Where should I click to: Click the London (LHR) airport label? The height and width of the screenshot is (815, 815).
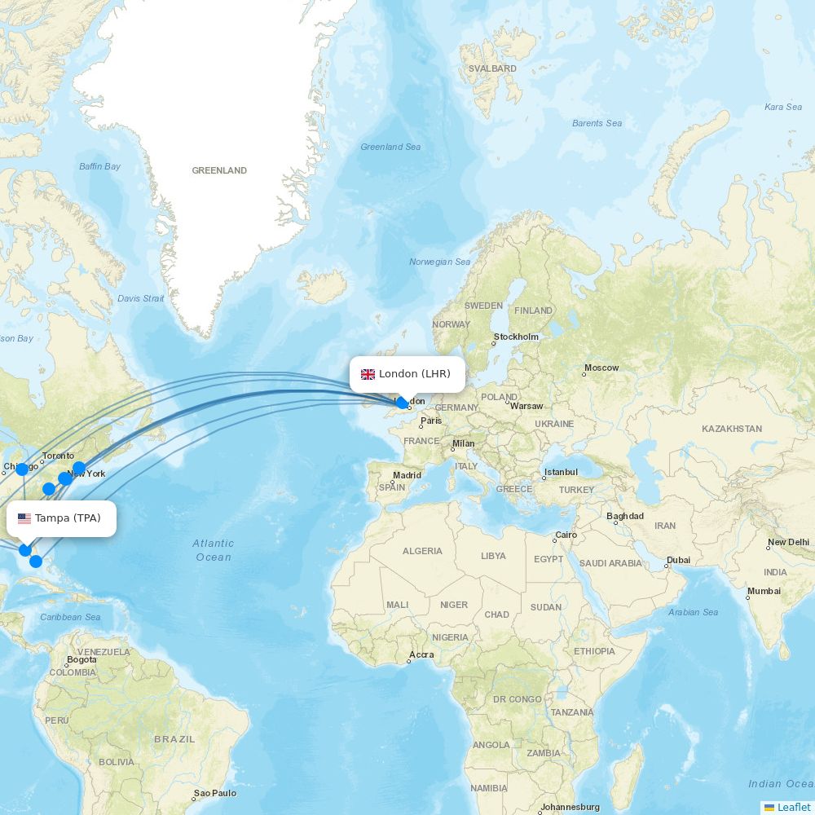coord(414,374)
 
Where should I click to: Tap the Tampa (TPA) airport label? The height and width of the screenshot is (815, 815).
coord(68,518)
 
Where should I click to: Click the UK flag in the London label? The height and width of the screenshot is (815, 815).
coord(368,374)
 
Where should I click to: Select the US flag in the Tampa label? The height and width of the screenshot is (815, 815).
coord(24,518)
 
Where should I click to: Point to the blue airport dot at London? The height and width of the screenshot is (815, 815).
coord(402,403)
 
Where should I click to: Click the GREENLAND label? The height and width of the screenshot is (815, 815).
coord(219,170)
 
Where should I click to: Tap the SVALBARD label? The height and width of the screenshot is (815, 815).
coord(493,69)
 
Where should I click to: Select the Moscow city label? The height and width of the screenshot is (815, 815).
coord(601,368)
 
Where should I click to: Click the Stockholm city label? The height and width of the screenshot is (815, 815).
coord(516,337)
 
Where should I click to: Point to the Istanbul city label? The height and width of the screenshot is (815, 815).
coord(561,472)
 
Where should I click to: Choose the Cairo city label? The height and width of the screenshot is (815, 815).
coord(566,535)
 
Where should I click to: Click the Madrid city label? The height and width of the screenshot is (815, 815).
coord(407,475)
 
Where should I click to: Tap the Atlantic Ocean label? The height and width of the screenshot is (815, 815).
coord(214,550)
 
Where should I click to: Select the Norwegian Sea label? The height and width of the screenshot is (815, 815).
coord(439,262)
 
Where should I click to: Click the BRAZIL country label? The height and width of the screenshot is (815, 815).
coord(174,739)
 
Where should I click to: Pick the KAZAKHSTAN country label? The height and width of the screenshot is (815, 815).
coord(732,429)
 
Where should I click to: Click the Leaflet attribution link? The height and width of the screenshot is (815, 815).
coord(793,807)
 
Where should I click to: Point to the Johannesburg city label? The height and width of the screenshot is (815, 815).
coord(570,807)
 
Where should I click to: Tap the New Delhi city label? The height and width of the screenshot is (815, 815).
coord(788,542)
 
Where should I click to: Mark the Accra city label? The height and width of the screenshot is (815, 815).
coord(421,654)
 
